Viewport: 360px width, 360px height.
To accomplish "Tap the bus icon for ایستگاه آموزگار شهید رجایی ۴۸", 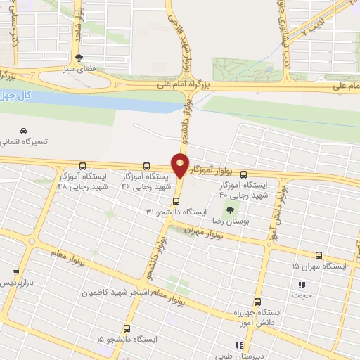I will [84, 167].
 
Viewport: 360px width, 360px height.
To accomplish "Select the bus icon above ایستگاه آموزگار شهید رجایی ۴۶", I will [146, 167].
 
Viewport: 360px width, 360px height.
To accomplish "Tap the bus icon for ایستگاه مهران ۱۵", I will [320, 255].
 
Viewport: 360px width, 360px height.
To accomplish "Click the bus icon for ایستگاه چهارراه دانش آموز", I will [257, 300].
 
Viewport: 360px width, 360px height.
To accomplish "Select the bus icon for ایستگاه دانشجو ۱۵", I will [127, 328].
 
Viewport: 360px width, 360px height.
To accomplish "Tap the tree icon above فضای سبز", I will [79, 58].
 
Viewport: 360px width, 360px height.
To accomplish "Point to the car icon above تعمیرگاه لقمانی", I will [23, 131].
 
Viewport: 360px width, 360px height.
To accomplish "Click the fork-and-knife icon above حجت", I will [302, 285].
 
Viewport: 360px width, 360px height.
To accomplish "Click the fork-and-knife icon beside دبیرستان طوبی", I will [240, 345].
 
